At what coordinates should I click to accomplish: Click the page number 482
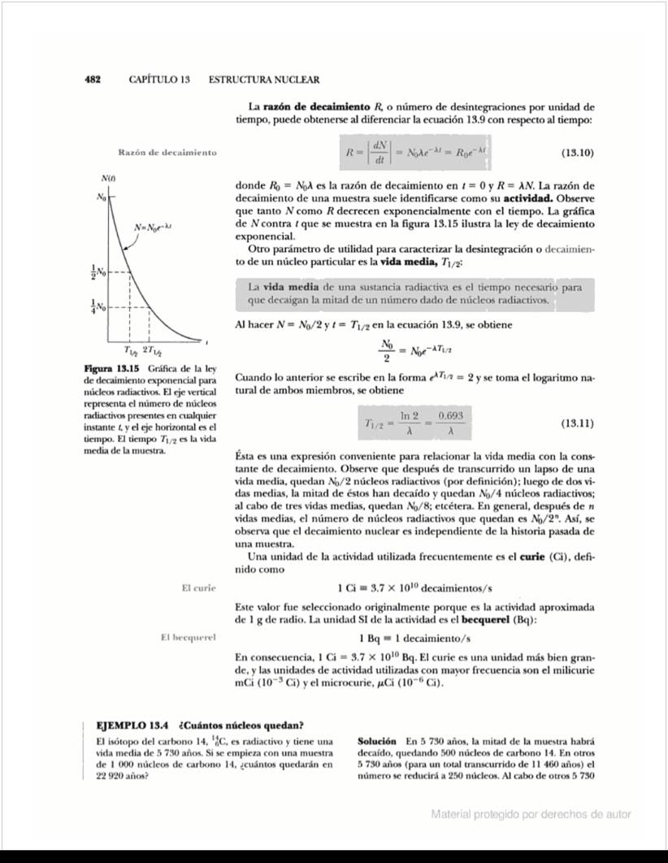click(92, 80)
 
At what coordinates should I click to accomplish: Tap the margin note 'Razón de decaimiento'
click(167, 153)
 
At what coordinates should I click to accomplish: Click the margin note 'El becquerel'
click(189, 637)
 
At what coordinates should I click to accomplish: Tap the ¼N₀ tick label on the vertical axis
click(97, 307)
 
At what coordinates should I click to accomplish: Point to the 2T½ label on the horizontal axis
click(152, 351)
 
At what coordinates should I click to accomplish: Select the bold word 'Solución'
click(377, 741)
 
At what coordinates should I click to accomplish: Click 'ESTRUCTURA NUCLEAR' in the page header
click(264, 80)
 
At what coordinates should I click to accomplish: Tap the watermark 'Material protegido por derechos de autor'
click(531, 814)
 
